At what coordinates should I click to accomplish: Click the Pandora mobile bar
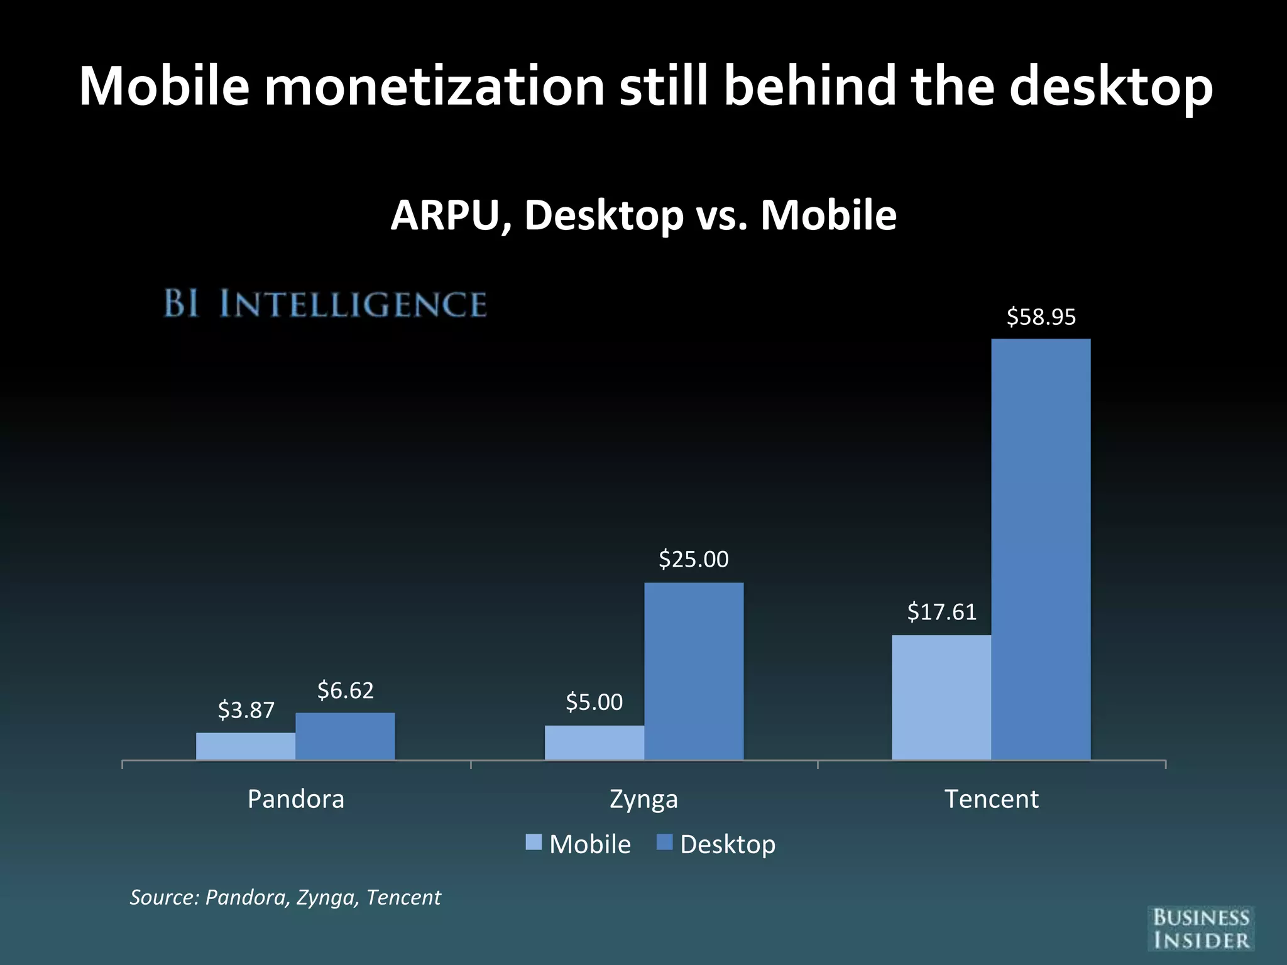pos(246,746)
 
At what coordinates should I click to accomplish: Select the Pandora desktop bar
pos(345,736)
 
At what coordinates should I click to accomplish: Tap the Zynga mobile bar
pos(594,743)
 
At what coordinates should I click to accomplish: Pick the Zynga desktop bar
pos(694,671)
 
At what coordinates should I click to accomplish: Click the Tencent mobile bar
pos(941,697)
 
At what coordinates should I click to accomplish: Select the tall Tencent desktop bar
pos(1041,549)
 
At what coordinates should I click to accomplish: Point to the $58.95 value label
pos(1041,317)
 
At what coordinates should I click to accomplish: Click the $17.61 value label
pos(941,612)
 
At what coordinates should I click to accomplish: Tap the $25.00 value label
pos(693,559)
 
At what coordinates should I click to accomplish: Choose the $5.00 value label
pos(594,702)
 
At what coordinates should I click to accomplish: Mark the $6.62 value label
pos(345,690)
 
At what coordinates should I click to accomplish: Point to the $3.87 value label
pos(246,711)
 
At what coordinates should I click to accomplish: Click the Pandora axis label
pos(296,799)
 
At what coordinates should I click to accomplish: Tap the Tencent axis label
pos(991,799)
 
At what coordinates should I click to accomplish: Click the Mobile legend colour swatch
pos(534,842)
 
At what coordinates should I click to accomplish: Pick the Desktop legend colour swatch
pos(664,842)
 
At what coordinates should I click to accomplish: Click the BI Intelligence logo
pos(325,304)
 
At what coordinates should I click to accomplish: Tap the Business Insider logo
pos(1200,929)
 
